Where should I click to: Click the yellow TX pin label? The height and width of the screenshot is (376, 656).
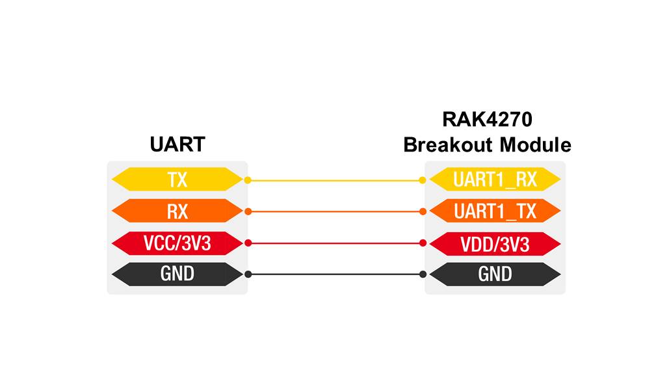pyautogui.click(x=177, y=180)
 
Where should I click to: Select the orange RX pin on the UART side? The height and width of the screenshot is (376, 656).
pyautogui.click(x=177, y=211)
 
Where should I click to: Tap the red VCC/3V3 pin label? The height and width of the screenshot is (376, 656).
pyautogui.click(x=177, y=243)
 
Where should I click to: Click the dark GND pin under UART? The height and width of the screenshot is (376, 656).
pyautogui.click(x=177, y=275)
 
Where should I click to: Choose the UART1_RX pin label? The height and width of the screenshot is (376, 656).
pyautogui.click(x=495, y=180)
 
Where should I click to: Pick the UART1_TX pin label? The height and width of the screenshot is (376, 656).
pyautogui.click(x=495, y=211)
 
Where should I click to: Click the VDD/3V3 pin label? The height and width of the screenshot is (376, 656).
pyautogui.click(x=495, y=244)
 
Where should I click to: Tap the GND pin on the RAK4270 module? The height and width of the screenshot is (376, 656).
pyautogui.click(x=495, y=275)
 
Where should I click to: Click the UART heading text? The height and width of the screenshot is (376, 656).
pyautogui.click(x=177, y=144)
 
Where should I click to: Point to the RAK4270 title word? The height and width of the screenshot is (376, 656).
pyautogui.click(x=488, y=119)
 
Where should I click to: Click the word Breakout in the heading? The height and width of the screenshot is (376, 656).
pyautogui.click(x=448, y=145)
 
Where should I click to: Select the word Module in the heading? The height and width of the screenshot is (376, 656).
pyautogui.click(x=536, y=145)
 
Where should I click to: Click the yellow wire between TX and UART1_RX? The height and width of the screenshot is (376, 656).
pyautogui.click(x=335, y=180)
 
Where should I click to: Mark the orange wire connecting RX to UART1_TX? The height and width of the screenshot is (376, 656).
pyautogui.click(x=335, y=211)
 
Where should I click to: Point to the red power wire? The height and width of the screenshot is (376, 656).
pyautogui.click(x=335, y=243)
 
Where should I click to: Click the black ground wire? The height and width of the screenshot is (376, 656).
pyautogui.click(x=335, y=275)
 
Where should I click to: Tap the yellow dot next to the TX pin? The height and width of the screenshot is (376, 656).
pyautogui.click(x=248, y=180)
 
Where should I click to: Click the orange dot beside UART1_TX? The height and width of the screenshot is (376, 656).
pyautogui.click(x=423, y=211)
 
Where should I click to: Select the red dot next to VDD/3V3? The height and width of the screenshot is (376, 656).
pyautogui.click(x=423, y=243)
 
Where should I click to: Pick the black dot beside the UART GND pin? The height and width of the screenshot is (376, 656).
pyautogui.click(x=248, y=275)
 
